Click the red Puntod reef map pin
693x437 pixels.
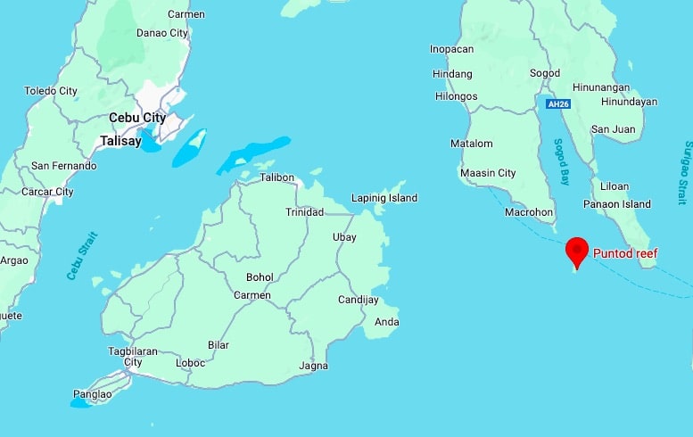click(577, 251)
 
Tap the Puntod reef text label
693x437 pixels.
click(625, 254)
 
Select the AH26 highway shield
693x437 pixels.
click(557, 104)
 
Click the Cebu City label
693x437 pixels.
click(137, 118)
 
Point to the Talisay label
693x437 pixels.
click(120, 141)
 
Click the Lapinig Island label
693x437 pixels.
click(384, 198)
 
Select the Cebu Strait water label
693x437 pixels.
click(81, 256)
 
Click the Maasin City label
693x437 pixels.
click(488, 173)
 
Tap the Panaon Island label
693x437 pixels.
click(617, 204)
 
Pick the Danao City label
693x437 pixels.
click(162, 33)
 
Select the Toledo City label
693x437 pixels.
click(51, 91)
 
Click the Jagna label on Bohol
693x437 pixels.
click(313, 366)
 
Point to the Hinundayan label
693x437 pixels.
click(627, 102)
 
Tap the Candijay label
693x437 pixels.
click(359, 301)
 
